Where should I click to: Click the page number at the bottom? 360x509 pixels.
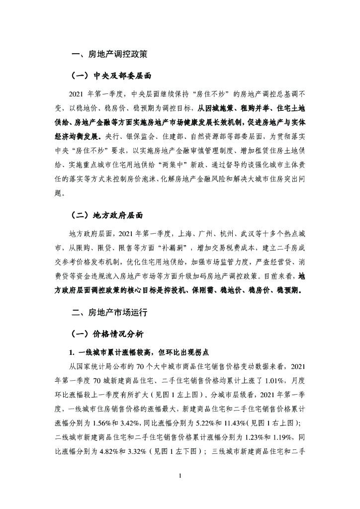click(x=180, y=477)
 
